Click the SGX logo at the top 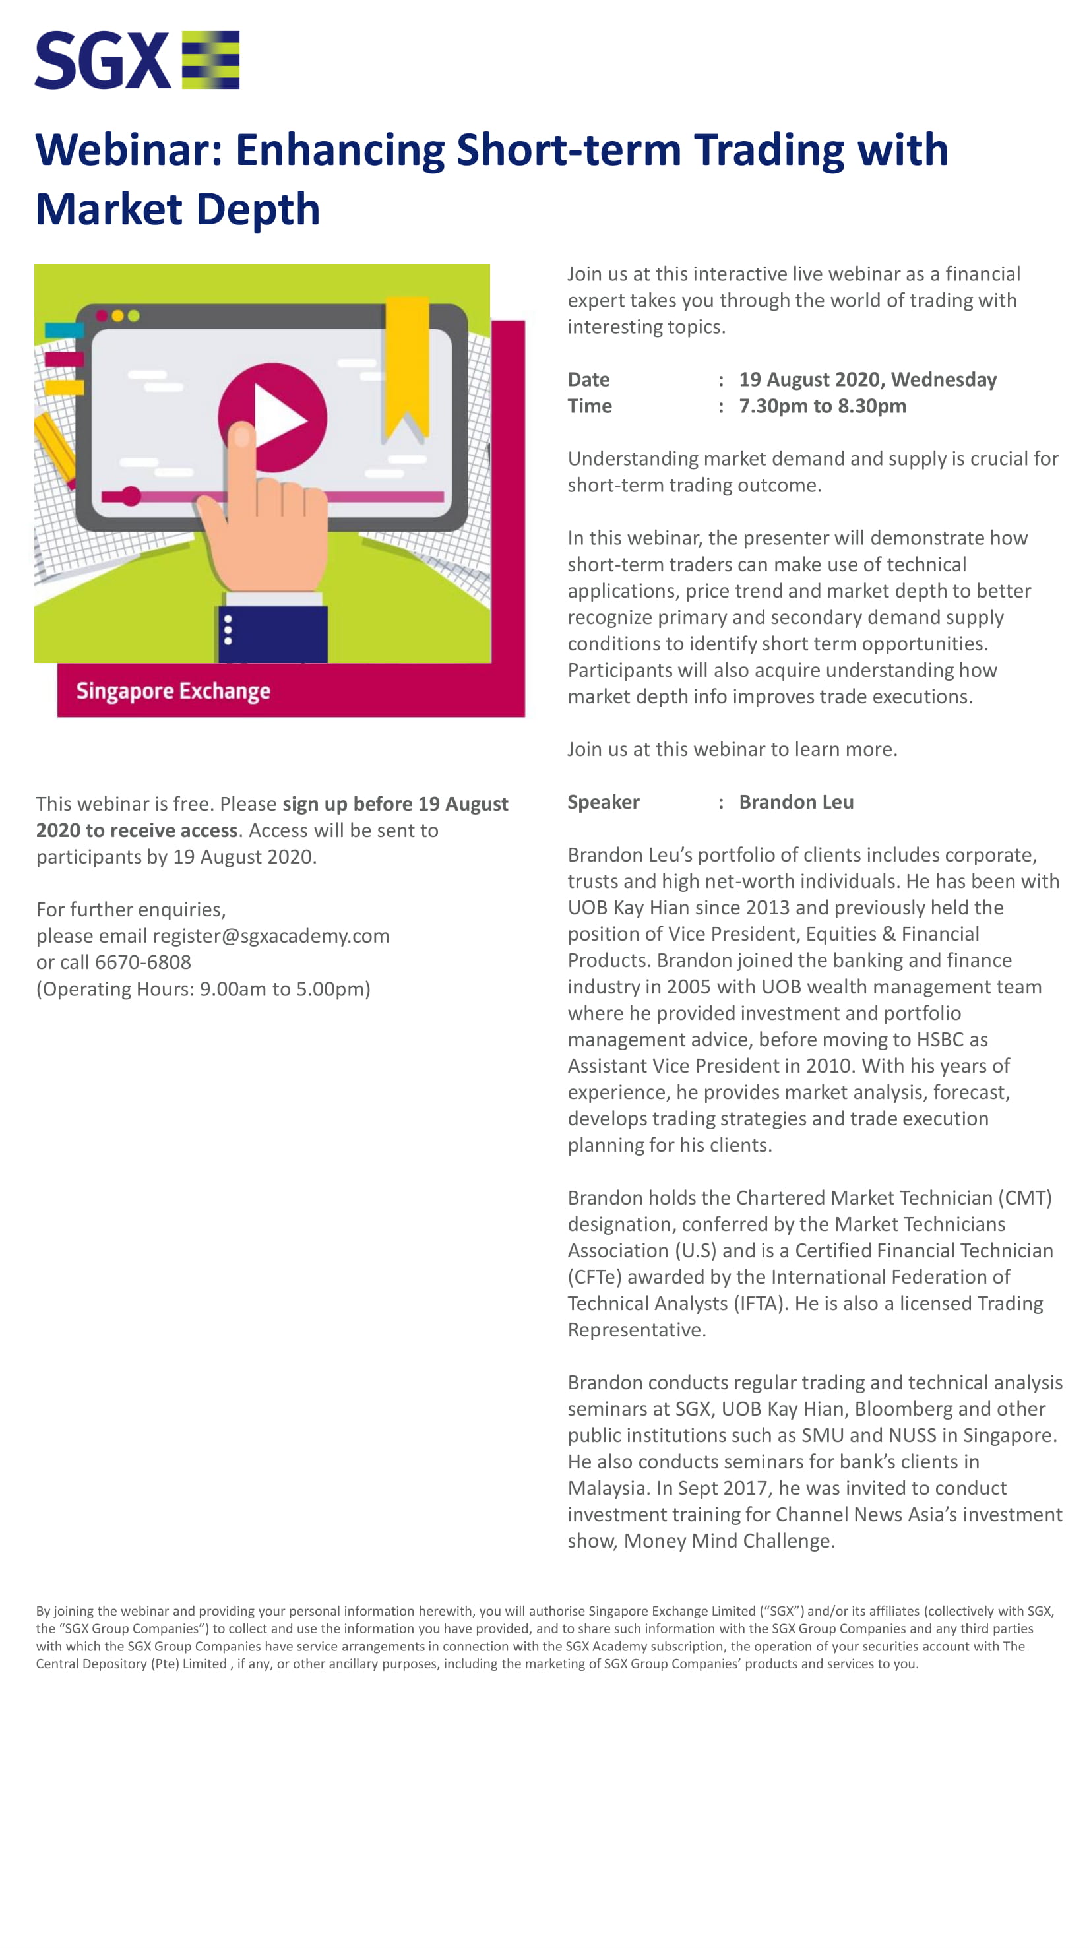[x=137, y=60]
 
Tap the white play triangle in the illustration [x=278, y=418]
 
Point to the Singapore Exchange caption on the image [x=173, y=691]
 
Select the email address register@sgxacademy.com [x=270, y=935]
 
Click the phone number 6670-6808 [x=143, y=962]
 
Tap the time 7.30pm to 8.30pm [x=822, y=406]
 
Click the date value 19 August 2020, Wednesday [x=867, y=379]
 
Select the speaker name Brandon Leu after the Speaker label [x=795, y=801]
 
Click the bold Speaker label [x=604, y=801]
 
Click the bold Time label [x=590, y=406]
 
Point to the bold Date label [x=588, y=379]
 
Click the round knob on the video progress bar [x=131, y=496]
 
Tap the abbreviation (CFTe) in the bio [x=594, y=1276]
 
